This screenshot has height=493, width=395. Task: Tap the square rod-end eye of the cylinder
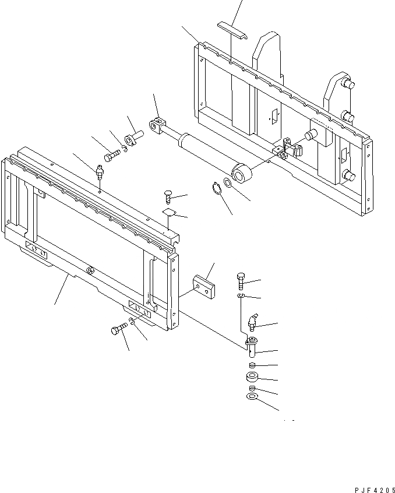click(157, 124)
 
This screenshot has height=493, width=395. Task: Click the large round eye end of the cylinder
click(242, 172)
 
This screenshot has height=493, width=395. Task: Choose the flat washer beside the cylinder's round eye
click(228, 184)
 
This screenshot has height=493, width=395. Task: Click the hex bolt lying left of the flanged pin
click(112, 156)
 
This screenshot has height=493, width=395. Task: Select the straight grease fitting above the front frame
click(98, 172)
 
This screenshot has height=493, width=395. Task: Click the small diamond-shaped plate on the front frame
click(169, 212)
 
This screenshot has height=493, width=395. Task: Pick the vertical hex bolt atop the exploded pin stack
click(241, 280)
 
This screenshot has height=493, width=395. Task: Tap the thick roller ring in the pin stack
click(253, 377)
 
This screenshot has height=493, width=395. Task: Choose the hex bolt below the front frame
click(117, 331)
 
